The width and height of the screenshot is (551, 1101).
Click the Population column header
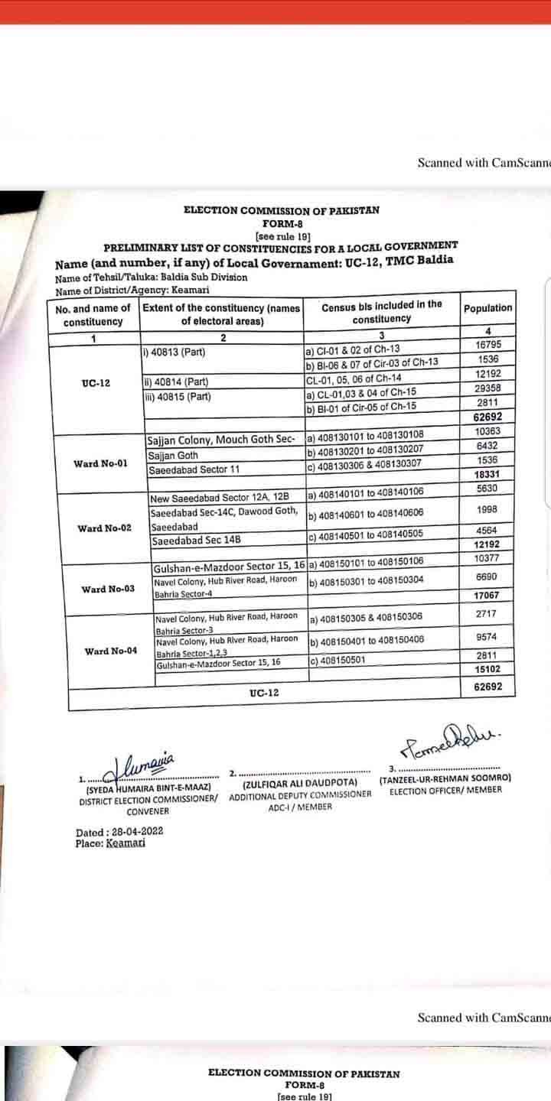487,308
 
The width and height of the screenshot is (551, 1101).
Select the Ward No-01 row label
100,463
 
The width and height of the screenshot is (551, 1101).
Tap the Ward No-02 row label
104,528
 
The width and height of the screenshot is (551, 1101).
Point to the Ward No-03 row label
109,589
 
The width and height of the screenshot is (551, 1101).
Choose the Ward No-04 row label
111,651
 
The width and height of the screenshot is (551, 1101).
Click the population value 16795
487,346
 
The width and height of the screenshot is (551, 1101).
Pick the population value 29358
487,388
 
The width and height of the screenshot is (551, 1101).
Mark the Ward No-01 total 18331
487,475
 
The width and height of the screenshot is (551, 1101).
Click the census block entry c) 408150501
337,661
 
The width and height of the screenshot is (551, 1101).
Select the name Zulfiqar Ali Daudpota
299,784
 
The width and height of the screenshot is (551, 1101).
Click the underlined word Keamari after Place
124,843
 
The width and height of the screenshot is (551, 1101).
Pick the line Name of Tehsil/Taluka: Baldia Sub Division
151,278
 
